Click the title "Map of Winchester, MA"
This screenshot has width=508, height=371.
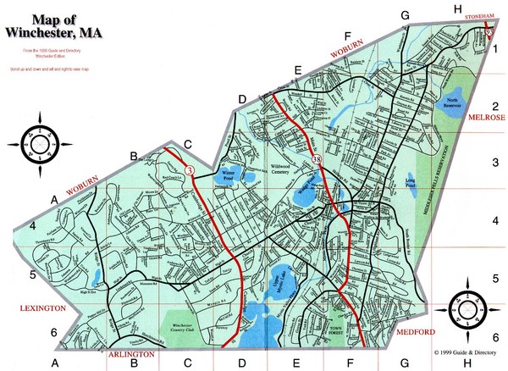pos(52,26)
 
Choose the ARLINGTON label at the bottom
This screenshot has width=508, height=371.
pos(131,354)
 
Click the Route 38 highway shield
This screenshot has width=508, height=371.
pos(317,158)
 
